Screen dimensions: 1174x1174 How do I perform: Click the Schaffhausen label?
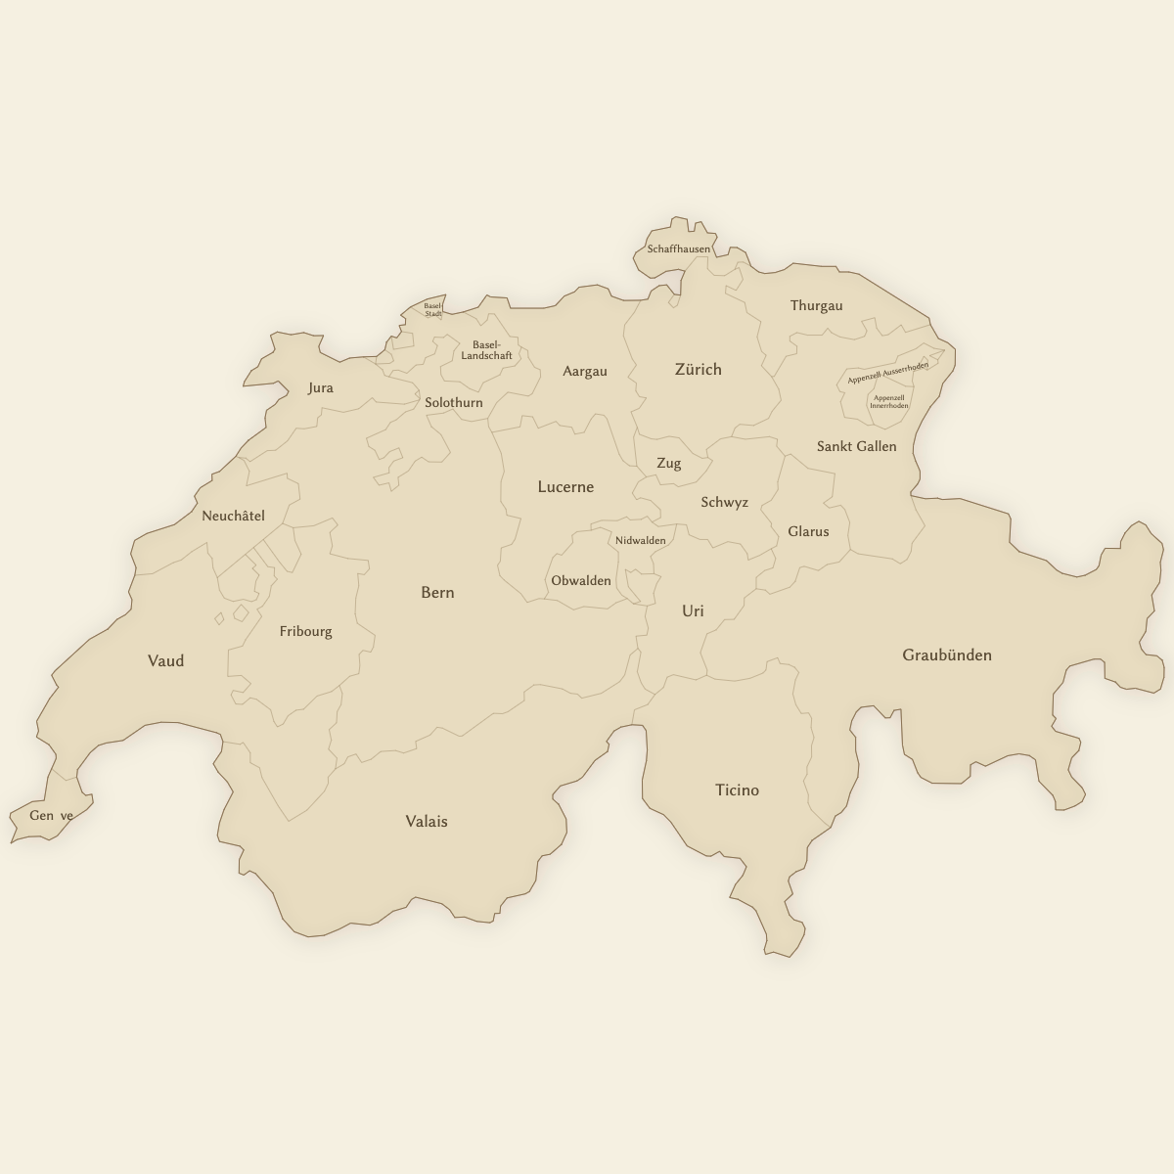coord(679,249)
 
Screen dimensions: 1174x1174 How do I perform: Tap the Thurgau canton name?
coord(816,305)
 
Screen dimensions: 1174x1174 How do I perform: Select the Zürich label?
coord(699,369)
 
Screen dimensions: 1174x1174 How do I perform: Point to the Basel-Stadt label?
coord(433,309)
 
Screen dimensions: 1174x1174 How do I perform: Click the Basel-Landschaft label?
coord(486,350)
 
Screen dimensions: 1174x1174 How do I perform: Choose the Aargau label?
coord(585,371)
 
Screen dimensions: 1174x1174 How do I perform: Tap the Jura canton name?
coord(321,387)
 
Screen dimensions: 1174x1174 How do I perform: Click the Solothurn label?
coord(454,402)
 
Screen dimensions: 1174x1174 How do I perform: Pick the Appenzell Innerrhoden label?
coord(889,402)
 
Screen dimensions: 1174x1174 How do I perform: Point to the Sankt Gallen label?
coord(856,446)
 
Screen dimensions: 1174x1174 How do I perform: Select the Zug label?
coord(669,463)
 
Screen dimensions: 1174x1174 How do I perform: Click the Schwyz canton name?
coord(724,502)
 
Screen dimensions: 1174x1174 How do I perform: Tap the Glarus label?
coord(808,531)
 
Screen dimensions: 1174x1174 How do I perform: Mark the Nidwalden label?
coord(641,540)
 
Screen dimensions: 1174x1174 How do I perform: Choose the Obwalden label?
coord(581,580)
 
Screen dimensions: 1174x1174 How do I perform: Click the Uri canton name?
coord(693,610)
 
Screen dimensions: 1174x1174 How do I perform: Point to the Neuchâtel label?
coord(233,516)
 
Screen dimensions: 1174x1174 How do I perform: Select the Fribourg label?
coord(306,631)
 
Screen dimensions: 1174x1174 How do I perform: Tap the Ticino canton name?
coord(737,790)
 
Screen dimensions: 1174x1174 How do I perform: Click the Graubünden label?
coord(946,655)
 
